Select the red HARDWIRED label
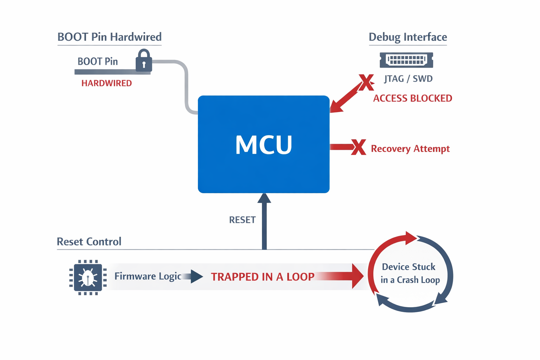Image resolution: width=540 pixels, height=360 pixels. click(107, 83)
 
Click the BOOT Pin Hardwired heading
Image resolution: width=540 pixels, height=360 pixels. click(109, 37)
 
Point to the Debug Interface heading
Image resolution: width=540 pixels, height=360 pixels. click(408, 37)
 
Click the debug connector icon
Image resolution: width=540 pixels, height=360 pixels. click(406, 60)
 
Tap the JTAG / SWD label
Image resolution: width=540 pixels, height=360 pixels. click(408, 79)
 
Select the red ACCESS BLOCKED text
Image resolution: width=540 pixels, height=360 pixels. click(412, 98)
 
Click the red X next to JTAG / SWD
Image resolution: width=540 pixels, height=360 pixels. click(366, 82)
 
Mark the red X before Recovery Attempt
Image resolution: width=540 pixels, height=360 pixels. click(359, 147)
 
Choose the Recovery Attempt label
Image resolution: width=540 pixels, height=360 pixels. click(410, 149)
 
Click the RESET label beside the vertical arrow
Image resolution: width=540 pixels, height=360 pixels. click(242, 220)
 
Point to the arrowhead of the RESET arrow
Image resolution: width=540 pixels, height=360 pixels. click(264, 198)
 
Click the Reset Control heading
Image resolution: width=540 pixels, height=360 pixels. click(89, 242)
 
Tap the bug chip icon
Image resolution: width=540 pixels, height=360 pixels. click(88, 278)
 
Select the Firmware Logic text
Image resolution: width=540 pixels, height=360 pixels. click(148, 276)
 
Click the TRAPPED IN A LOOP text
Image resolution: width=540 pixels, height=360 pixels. click(263, 277)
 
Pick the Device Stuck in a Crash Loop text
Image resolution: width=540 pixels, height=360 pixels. click(410, 274)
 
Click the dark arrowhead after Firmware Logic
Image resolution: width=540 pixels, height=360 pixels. click(197, 276)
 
